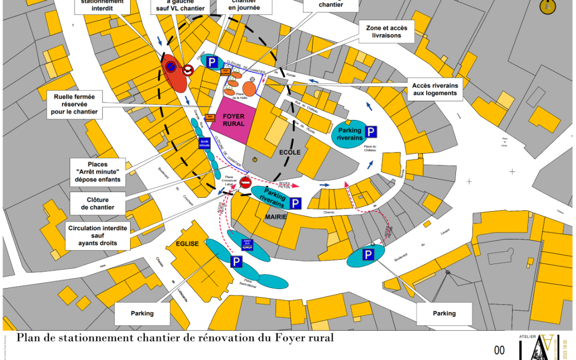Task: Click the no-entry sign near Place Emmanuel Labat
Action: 245,183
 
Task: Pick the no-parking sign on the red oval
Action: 171,66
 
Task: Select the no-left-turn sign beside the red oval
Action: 188,70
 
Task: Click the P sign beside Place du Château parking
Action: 371,132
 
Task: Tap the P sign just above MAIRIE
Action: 295,203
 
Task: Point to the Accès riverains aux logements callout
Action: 435,89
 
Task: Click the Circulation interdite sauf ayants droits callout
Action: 98,235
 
